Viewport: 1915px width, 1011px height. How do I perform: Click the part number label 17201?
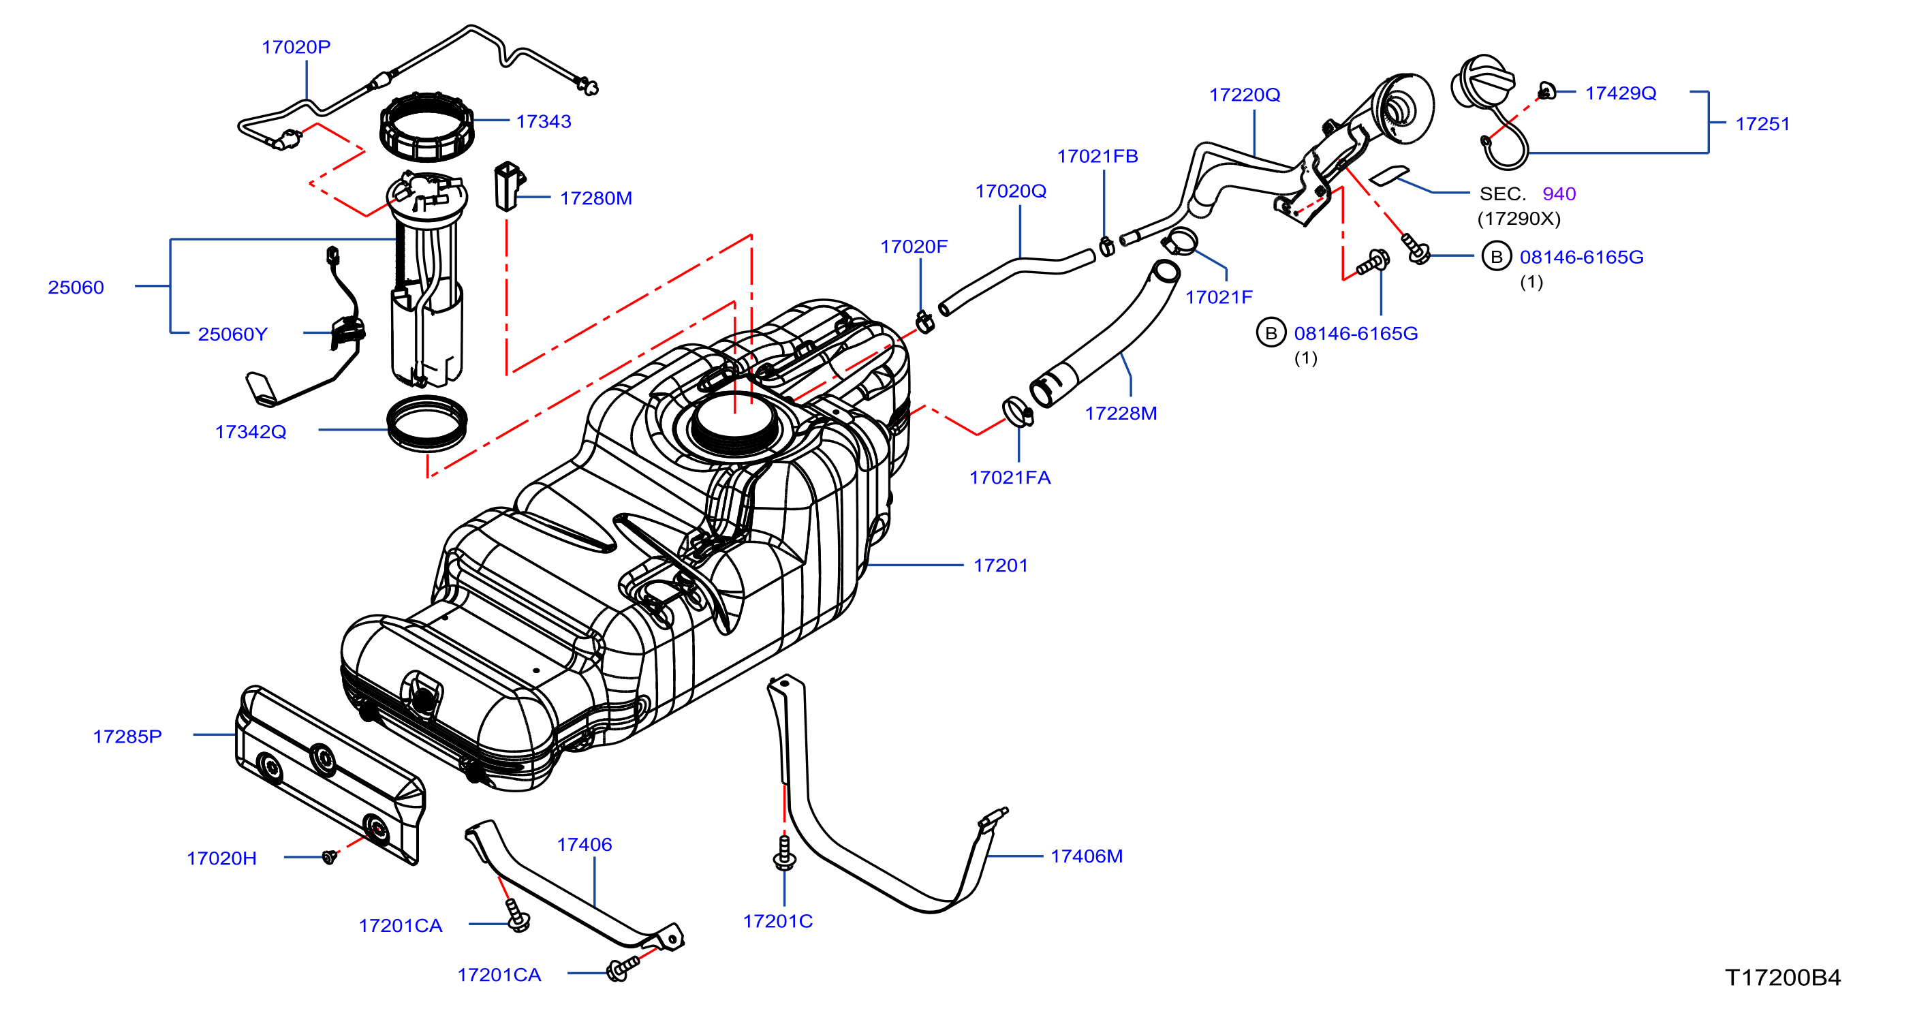[1000, 565]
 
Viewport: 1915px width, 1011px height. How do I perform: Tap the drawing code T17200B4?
[1783, 978]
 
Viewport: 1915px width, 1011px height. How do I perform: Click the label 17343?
[544, 121]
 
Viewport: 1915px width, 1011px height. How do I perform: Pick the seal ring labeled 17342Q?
[427, 424]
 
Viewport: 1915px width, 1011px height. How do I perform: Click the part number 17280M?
[595, 198]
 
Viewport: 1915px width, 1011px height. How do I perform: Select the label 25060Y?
[232, 335]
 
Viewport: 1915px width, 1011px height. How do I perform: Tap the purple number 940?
[1559, 194]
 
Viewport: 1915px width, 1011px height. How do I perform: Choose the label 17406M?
[1086, 856]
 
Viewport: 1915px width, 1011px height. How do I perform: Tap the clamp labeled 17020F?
[924, 322]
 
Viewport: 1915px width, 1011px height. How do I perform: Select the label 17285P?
[127, 736]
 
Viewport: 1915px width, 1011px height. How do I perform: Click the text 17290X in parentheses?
[1519, 219]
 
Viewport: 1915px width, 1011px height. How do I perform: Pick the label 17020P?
[296, 47]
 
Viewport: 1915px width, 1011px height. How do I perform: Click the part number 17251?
[1762, 124]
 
